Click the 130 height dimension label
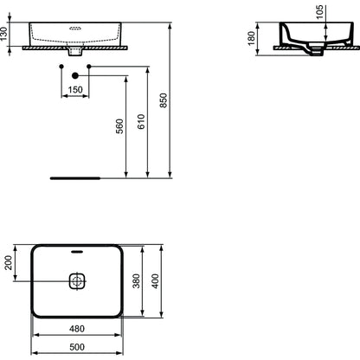(3, 34)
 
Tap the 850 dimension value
(164, 100)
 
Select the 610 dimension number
(141, 121)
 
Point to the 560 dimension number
(119, 126)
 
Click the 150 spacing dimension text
(75, 90)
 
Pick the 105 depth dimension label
(319, 12)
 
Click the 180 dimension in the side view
(251, 38)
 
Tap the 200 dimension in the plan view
(9, 262)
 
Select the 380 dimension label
(136, 281)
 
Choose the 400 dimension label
(155, 281)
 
